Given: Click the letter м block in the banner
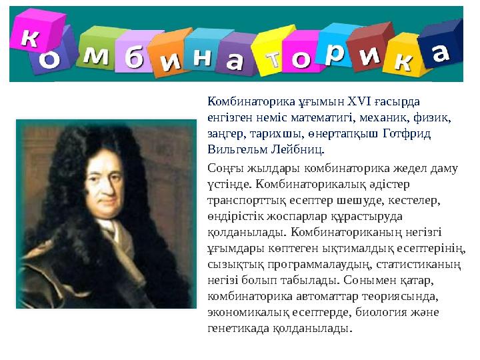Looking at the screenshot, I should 97,57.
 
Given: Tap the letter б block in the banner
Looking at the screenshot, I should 134,59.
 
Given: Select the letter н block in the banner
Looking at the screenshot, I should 201,57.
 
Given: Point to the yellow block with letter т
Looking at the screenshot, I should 273,59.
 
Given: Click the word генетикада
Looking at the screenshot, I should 239,328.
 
